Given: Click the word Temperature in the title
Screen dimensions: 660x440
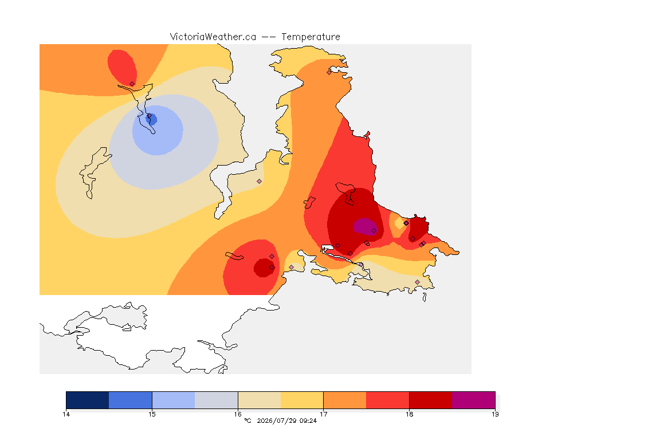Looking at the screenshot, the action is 311,37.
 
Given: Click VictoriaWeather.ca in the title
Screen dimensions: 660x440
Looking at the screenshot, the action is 213,37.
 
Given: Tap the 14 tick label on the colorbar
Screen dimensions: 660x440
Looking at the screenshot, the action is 66,414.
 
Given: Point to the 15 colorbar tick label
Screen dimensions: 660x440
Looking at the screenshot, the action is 152,414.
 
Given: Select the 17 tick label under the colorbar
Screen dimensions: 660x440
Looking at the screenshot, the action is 323,414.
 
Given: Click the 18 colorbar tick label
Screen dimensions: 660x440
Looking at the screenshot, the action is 409,414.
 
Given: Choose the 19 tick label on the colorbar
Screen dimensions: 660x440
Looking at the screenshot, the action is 495,414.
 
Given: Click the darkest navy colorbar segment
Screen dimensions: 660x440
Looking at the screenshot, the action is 88,400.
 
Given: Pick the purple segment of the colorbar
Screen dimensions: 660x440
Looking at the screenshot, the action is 474,400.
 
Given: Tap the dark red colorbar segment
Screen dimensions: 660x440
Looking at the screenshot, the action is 431,400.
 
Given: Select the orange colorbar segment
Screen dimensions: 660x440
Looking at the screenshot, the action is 345,400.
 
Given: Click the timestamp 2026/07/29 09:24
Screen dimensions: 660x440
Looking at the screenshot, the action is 286,421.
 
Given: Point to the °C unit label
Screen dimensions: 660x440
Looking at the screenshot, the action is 247,421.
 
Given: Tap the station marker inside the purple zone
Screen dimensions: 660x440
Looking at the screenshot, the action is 374,231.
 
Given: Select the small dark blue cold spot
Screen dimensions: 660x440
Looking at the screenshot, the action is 151,119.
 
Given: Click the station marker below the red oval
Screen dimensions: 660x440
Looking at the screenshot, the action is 132,84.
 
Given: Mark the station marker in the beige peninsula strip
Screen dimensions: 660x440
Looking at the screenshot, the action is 260,182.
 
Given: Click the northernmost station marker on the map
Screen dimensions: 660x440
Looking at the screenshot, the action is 329,72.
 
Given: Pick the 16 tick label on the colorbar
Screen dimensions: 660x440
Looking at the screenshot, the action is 238,414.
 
